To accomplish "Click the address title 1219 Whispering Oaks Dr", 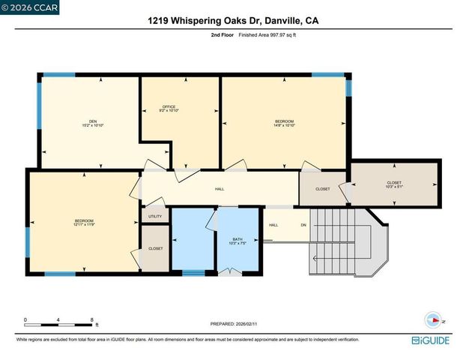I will (232, 22).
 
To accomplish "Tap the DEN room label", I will (93, 124).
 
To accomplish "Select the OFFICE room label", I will (169, 109).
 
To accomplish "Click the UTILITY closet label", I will (154, 216).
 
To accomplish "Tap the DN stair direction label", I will (303, 224).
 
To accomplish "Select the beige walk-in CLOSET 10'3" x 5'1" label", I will (393, 184).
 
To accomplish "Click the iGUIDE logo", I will (432, 340).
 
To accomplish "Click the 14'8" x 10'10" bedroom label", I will (284, 123).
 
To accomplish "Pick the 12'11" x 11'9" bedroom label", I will (83, 223).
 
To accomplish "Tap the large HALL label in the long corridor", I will (220, 189).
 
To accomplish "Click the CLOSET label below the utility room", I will (155, 248).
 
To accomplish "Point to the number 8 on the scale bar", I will (91, 319).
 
